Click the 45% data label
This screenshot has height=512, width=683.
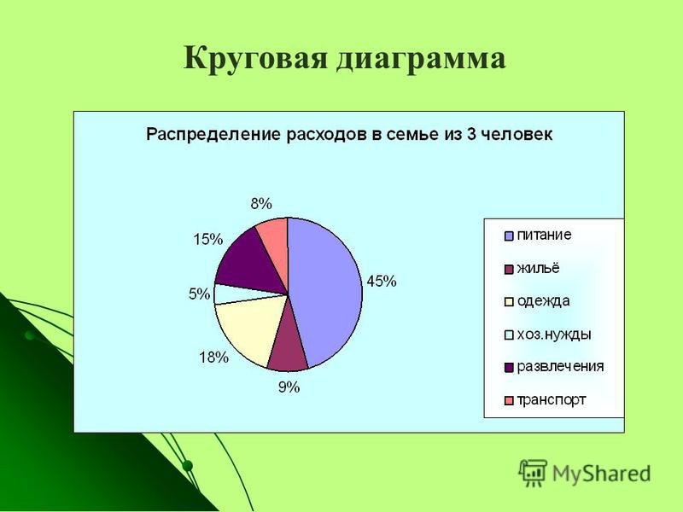pos(382,282)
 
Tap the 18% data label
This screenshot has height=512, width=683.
pos(214,358)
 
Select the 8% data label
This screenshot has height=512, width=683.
pos(261,204)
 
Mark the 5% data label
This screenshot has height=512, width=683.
pos(199,294)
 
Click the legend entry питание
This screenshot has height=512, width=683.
pos(538,236)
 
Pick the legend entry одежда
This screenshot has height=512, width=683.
pos(537,301)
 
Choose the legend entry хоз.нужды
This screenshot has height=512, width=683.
pos(548,335)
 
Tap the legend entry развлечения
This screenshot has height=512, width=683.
pos(554,367)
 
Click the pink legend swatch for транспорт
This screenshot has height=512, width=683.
pos(509,400)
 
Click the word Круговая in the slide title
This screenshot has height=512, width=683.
pos(255,58)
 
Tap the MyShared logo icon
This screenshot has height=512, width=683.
pos(532,473)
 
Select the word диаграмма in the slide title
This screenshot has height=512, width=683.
pos(421,59)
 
